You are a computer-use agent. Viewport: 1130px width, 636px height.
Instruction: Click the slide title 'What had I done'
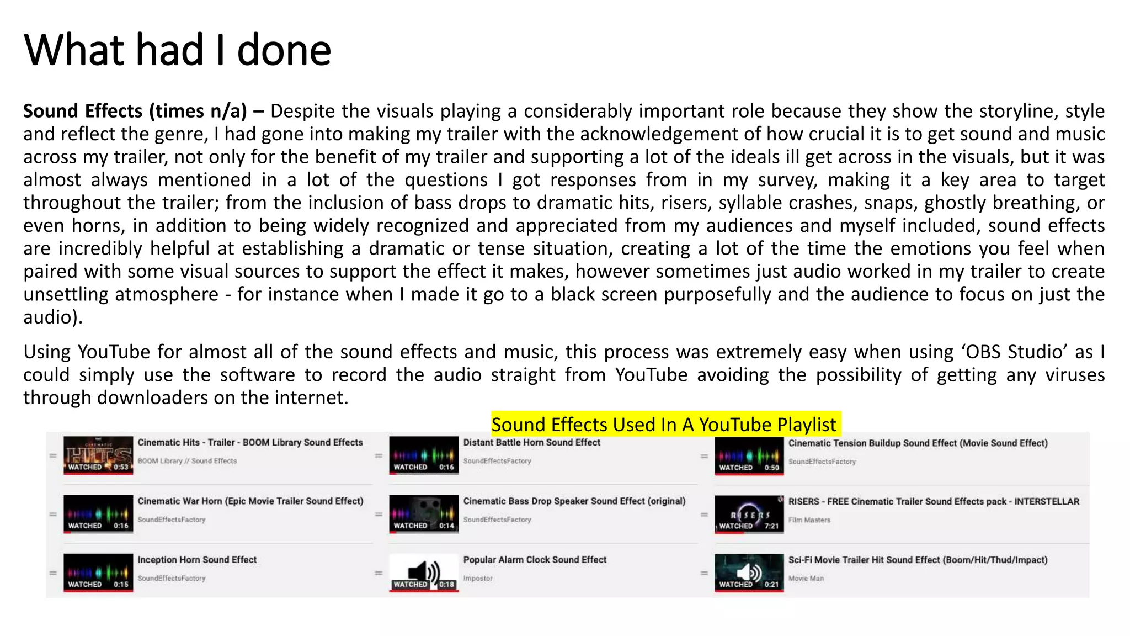(x=177, y=50)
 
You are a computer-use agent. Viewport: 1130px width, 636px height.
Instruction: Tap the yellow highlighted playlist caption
(x=665, y=424)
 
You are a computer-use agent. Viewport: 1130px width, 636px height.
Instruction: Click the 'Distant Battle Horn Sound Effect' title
(x=531, y=442)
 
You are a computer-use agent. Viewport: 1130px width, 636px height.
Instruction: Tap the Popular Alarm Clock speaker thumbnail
(x=424, y=573)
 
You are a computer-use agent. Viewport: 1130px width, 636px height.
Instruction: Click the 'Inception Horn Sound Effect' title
(x=197, y=559)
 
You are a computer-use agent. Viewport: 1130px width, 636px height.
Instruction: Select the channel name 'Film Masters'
(x=809, y=520)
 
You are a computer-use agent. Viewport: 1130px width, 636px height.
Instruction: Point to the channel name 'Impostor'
(x=478, y=578)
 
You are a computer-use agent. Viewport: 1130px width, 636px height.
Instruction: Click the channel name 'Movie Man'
(x=806, y=578)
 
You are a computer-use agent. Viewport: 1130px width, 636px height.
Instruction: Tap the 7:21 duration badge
(x=771, y=526)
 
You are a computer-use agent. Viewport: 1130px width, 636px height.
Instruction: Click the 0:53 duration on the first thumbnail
(x=121, y=467)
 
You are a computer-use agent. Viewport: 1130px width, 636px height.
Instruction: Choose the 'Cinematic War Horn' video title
(x=250, y=501)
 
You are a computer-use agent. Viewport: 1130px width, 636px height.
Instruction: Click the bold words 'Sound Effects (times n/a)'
(x=135, y=111)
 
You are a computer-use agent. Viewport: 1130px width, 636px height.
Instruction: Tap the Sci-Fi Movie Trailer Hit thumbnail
(x=749, y=573)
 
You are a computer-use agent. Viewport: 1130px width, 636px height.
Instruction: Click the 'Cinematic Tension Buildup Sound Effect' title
(x=918, y=443)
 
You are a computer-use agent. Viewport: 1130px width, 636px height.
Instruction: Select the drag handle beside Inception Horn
(x=53, y=573)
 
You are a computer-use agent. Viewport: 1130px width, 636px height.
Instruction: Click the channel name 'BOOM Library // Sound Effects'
(x=187, y=461)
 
